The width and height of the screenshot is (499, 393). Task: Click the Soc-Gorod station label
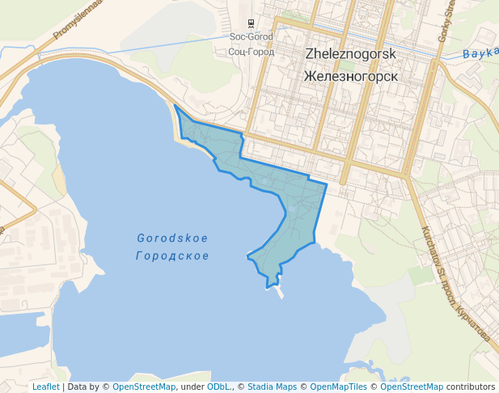[x=251, y=36]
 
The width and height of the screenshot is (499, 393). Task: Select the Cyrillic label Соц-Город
[x=251, y=52]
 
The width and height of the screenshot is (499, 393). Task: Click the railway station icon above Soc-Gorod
[x=251, y=22]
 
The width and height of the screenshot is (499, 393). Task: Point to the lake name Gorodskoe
[x=172, y=239]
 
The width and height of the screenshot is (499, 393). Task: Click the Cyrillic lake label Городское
[x=172, y=256]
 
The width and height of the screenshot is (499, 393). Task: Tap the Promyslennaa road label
[x=79, y=19]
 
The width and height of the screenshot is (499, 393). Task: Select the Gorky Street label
[x=446, y=20]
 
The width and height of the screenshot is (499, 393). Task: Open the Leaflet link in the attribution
[x=45, y=387]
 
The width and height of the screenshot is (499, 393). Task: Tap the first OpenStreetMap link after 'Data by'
[x=143, y=387]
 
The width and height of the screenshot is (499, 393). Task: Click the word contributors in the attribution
[x=471, y=387]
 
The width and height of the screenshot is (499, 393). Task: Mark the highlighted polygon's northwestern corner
[x=175, y=106]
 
